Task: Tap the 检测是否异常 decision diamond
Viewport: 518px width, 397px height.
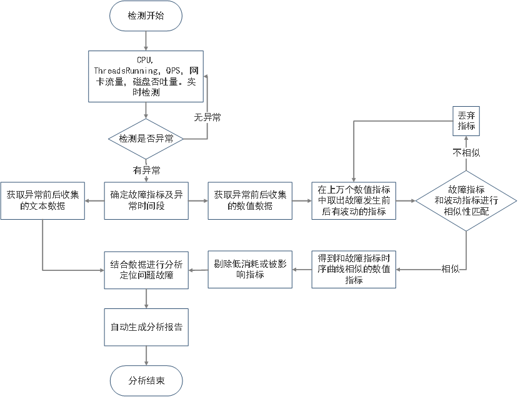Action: point(146,138)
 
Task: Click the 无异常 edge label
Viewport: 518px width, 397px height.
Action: point(206,117)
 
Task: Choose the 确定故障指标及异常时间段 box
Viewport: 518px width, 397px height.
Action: point(146,200)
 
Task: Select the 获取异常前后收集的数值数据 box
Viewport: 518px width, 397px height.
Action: point(250,200)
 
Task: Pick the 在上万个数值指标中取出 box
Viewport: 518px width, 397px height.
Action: point(354,200)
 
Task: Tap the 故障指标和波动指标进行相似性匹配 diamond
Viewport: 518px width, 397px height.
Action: point(466,200)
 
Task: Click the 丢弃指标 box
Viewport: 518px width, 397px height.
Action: point(466,121)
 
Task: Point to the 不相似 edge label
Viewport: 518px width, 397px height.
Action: point(466,152)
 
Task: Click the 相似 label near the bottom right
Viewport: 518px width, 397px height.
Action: point(451,269)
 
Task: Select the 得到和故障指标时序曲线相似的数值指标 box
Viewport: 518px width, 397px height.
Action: point(354,269)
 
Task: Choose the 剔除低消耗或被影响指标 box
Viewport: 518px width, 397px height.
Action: point(250,269)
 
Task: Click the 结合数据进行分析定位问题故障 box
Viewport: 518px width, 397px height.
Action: point(146,269)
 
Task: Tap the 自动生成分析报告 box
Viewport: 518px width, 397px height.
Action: point(146,326)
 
